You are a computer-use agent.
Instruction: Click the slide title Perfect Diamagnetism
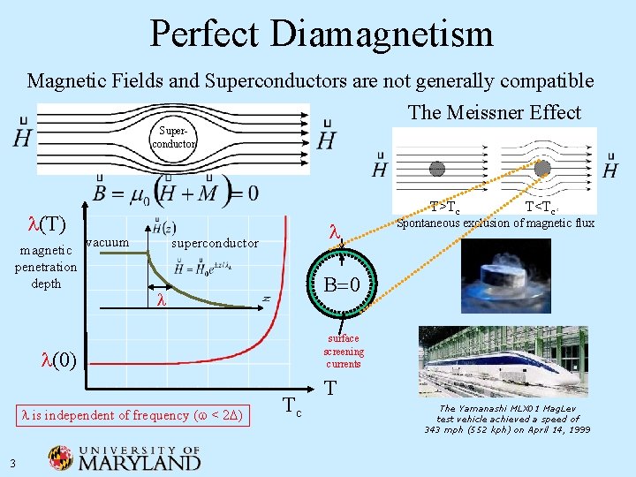(322, 34)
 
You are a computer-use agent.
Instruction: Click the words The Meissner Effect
(494, 112)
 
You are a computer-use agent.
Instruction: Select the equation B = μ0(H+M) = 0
(176, 192)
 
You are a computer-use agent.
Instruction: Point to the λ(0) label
(59, 360)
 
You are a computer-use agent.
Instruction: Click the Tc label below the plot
(294, 409)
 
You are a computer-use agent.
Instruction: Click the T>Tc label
(444, 208)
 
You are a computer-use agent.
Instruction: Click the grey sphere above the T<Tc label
(542, 168)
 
